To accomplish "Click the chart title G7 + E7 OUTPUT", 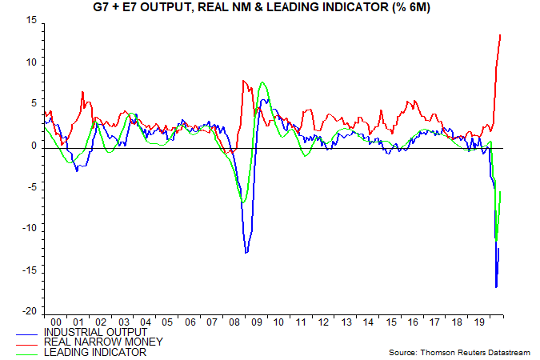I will coord(270,7).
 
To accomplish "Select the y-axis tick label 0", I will coord(33,146).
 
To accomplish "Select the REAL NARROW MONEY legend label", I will coord(103,342).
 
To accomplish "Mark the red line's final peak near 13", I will coord(500,34).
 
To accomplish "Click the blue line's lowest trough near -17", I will coord(496,286).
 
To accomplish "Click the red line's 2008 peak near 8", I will coord(243,80).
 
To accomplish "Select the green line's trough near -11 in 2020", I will coord(496,238).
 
